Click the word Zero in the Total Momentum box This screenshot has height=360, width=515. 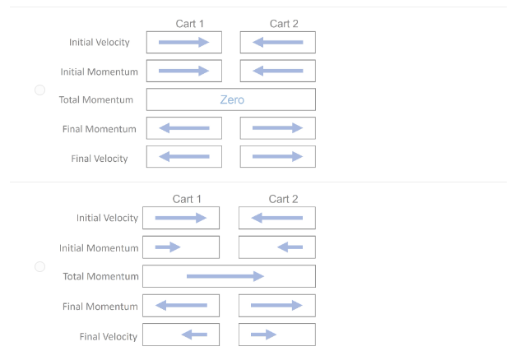coord(232,100)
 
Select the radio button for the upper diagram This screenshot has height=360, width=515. coord(39,90)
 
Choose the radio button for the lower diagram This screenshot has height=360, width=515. coord(39,267)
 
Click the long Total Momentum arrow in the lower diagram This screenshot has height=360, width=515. coord(225,276)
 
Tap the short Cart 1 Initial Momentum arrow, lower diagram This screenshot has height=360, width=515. coord(168,247)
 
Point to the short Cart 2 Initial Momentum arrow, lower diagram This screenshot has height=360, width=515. coord(290,247)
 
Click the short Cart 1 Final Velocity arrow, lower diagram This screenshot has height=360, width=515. coord(194,335)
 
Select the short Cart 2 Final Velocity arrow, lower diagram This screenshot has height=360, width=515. coord(263,335)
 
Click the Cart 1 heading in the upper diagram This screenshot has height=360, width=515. coord(189,24)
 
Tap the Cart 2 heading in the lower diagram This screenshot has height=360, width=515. coord(283,199)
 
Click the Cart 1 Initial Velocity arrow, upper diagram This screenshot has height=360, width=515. coord(183,42)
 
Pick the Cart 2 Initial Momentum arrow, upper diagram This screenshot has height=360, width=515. coord(277,71)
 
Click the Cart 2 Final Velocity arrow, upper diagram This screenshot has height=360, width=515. coord(277,156)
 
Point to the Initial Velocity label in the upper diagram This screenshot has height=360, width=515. coord(99,43)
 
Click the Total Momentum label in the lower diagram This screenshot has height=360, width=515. coord(100,276)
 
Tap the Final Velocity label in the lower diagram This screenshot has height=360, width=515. coord(109,336)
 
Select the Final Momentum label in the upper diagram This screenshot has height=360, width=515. coord(99,129)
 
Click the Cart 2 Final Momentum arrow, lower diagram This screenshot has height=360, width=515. coord(276,306)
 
